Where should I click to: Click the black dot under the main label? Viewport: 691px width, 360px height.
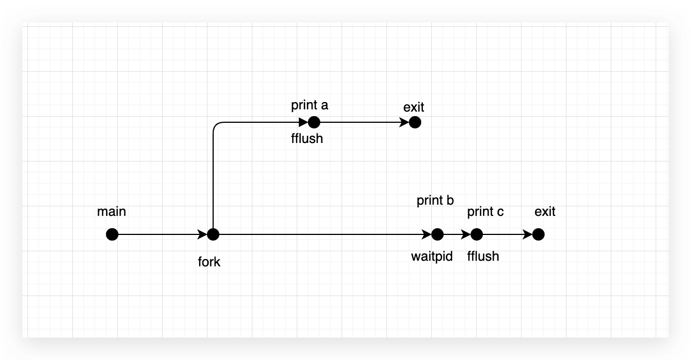112,234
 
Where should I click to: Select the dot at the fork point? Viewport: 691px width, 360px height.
213,234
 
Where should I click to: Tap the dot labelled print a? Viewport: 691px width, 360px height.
314,122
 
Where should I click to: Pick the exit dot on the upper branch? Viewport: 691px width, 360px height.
414,122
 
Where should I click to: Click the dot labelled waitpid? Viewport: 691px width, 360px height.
437,234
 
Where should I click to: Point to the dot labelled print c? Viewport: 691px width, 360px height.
477,234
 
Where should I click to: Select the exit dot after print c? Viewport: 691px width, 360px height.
538,234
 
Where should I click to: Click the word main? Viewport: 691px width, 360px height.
112,212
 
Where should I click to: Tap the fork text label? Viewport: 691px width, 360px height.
209,262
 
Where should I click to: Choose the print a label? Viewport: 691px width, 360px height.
309,105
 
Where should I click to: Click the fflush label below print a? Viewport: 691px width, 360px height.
307,138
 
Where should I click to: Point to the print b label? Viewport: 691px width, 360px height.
435,201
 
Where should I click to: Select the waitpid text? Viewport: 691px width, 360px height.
432,257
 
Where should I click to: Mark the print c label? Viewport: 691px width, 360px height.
485,212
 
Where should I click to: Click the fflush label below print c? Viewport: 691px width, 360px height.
483,257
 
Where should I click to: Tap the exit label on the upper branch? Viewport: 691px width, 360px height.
414,107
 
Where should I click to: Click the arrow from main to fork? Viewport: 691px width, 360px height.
163,234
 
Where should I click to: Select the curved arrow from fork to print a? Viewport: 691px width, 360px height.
214,168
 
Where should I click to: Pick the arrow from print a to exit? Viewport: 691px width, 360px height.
365,122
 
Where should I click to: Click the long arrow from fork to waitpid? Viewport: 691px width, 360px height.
325,234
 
